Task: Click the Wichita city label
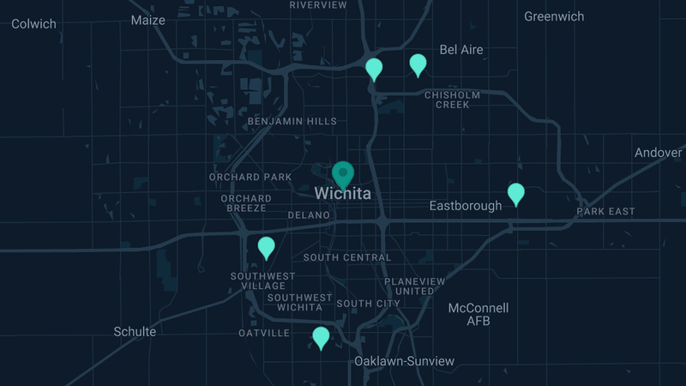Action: (x=343, y=194)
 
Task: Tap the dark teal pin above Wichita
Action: (x=343, y=174)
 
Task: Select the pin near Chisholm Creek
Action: (x=418, y=64)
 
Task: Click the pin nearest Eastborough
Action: (x=515, y=193)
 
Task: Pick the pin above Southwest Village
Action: (x=267, y=247)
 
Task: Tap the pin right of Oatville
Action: (x=321, y=337)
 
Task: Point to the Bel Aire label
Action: (x=461, y=50)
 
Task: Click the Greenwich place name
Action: (x=554, y=16)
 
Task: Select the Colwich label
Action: (x=33, y=24)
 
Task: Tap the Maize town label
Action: (x=148, y=21)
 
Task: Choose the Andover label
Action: (x=659, y=153)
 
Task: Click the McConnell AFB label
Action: (x=478, y=314)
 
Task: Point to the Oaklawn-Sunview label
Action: (x=405, y=361)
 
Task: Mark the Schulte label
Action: (x=135, y=331)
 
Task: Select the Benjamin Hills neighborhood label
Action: (x=292, y=122)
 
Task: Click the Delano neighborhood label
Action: (x=309, y=214)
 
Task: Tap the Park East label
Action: (x=606, y=211)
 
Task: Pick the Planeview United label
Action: (x=415, y=286)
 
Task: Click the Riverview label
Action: (x=318, y=5)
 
